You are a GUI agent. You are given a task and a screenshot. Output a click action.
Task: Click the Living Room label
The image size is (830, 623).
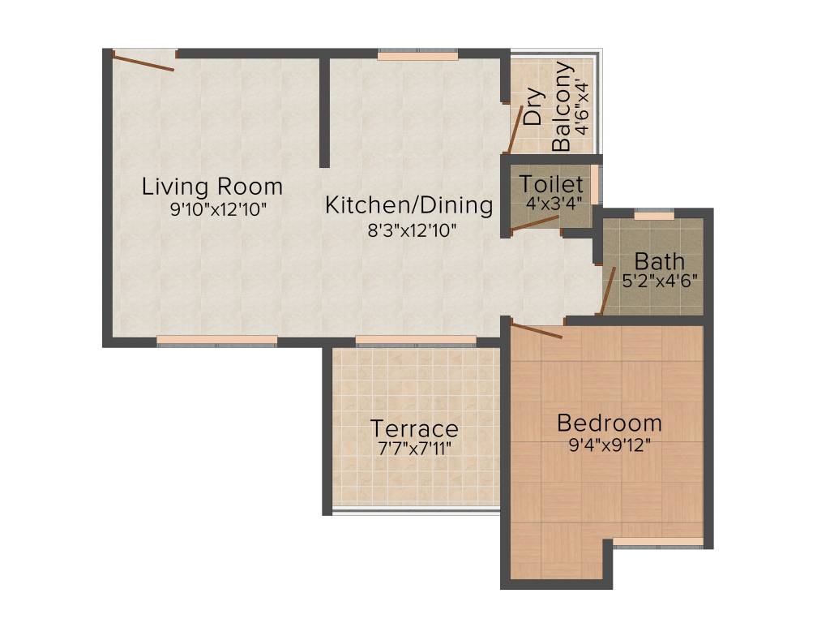tap(212, 187)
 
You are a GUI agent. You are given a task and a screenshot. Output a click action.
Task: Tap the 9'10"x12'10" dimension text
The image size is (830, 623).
tap(218, 209)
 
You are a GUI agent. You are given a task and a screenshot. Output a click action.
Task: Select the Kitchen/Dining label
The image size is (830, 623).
tap(409, 206)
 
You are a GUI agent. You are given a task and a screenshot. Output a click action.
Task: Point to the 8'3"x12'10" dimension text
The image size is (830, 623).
tap(413, 230)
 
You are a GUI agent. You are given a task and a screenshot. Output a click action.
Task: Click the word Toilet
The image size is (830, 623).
tap(551, 183)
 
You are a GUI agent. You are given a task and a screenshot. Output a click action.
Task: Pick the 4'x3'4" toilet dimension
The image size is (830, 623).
tap(554, 203)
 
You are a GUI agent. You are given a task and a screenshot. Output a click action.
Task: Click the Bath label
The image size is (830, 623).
tap(659, 262)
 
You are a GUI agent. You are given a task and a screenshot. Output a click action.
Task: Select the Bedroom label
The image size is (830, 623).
tap(610, 423)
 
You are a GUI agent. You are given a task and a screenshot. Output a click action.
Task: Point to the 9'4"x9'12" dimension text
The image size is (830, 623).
tap(610, 445)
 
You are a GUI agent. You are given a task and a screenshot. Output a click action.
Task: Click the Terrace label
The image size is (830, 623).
tap(414, 428)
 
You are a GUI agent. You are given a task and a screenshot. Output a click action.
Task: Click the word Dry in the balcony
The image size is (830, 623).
tap(533, 105)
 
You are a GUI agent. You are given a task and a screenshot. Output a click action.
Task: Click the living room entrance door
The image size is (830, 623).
tap(143, 62)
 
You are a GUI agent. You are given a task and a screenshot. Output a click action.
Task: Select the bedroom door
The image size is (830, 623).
tap(537, 330)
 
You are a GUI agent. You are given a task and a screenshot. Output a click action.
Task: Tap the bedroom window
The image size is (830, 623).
tap(657, 541)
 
